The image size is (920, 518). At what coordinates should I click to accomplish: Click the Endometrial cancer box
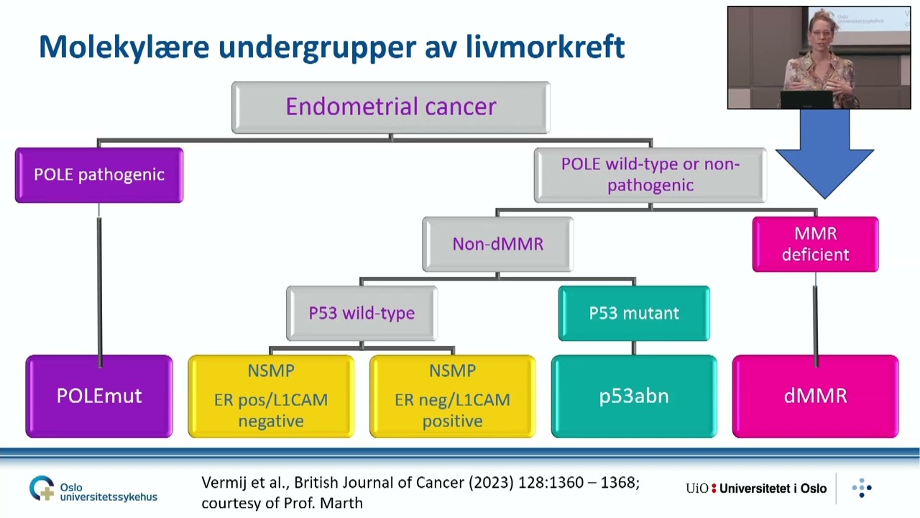pyautogui.click(x=390, y=107)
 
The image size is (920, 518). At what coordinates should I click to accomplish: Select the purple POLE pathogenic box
pyautogui.click(x=99, y=175)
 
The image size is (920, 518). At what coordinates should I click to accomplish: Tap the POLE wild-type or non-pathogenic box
pyautogui.click(x=650, y=175)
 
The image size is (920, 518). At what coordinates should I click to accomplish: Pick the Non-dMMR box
pyautogui.click(x=497, y=244)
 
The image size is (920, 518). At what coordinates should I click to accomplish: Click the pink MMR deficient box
pyautogui.click(x=815, y=244)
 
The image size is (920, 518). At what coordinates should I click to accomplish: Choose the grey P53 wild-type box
pyautogui.click(x=362, y=313)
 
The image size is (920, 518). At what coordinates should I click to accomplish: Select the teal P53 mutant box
pyautogui.click(x=634, y=313)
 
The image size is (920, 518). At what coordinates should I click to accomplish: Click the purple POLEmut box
pyautogui.click(x=99, y=396)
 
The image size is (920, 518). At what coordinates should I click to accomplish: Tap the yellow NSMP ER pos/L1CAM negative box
pyautogui.click(x=271, y=396)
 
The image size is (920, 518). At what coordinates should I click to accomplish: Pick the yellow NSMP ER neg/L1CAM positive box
pyautogui.click(x=452, y=396)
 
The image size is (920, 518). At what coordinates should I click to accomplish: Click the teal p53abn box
pyautogui.click(x=634, y=396)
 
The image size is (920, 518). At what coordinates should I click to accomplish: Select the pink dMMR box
pyautogui.click(x=815, y=396)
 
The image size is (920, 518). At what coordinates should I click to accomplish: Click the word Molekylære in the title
pyautogui.click(x=124, y=47)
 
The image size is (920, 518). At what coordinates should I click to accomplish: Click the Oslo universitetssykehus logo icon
pyautogui.click(x=42, y=489)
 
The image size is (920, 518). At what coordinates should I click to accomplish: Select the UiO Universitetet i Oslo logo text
pyautogui.click(x=756, y=489)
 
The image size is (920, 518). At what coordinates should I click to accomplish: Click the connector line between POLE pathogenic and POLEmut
pyautogui.click(x=99, y=281)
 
